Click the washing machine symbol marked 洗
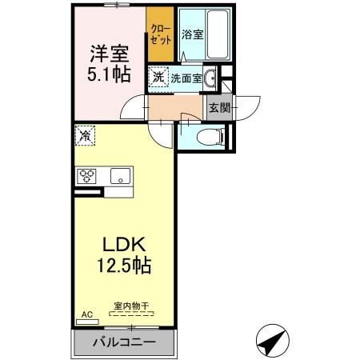pyautogui.click(x=158, y=78)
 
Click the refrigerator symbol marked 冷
pyautogui.click(x=84, y=136)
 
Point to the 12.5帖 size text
pyautogui.click(x=124, y=265)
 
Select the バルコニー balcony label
pyautogui.click(x=123, y=342)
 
